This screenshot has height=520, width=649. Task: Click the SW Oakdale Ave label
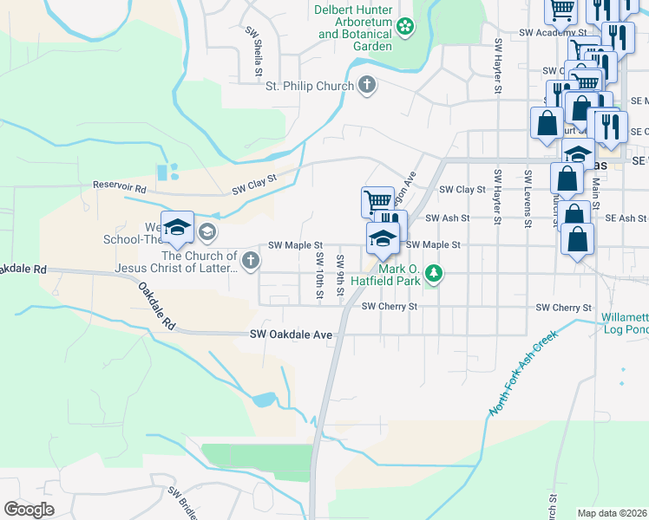coord(292,335)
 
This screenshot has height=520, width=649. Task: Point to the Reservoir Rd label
coord(121,186)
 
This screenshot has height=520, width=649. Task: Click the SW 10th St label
coord(320,276)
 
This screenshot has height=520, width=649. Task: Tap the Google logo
coord(29,510)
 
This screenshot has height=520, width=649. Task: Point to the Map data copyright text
coord(612,513)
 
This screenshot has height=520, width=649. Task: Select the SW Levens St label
coord(528,197)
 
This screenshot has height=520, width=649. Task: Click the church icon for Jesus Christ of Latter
coord(250,261)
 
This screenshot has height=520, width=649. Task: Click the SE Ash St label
coord(626,218)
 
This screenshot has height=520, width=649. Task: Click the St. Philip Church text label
coord(310,85)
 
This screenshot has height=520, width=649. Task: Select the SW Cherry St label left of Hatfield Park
coord(390,307)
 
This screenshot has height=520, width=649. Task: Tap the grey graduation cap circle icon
coord(206,231)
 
